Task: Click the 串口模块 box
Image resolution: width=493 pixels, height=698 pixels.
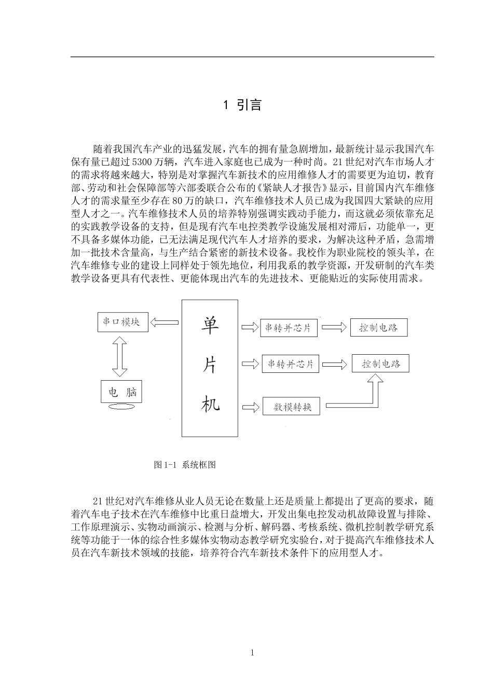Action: tap(122, 322)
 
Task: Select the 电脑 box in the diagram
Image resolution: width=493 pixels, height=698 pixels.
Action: tap(121, 392)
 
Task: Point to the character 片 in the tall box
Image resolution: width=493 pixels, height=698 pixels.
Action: tap(210, 365)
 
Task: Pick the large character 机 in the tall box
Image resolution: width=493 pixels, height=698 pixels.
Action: tap(210, 402)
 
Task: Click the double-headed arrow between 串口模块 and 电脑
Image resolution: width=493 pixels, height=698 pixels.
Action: tap(120, 356)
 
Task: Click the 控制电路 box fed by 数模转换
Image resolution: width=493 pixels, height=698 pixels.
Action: tap(380, 364)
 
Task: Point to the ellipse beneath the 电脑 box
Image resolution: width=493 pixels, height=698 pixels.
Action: tap(121, 409)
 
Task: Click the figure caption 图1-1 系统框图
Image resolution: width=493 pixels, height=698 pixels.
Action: tap(185, 465)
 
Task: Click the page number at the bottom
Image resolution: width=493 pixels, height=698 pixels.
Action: tap(252, 653)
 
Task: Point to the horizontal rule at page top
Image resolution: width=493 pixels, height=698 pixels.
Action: tap(252, 57)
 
